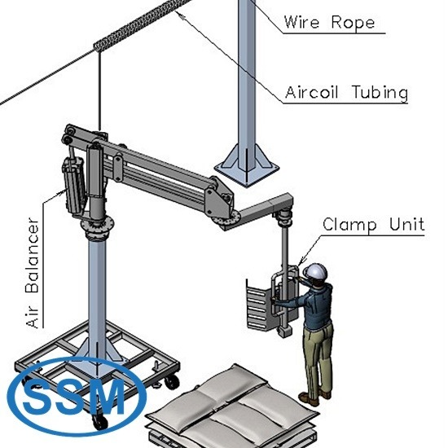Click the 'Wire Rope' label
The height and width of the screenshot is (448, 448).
pyautogui.click(x=329, y=22)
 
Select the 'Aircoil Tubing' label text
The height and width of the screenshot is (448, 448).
pyautogui.click(x=346, y=92)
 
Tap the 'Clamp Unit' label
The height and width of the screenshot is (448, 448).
pyautogui.click(x=373, y=224)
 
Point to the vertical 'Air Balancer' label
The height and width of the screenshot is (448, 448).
pyautogui.click(x=32, y=273)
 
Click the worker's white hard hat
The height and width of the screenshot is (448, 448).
pyautogui.click(x=315, y=271)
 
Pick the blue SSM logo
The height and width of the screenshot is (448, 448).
pyautogui.click(x=77, y=397)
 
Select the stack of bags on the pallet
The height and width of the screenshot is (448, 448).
pyautogui.click(x=232, y=406)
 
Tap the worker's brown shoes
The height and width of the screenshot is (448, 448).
pyautogui.click(x=315, y=397)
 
